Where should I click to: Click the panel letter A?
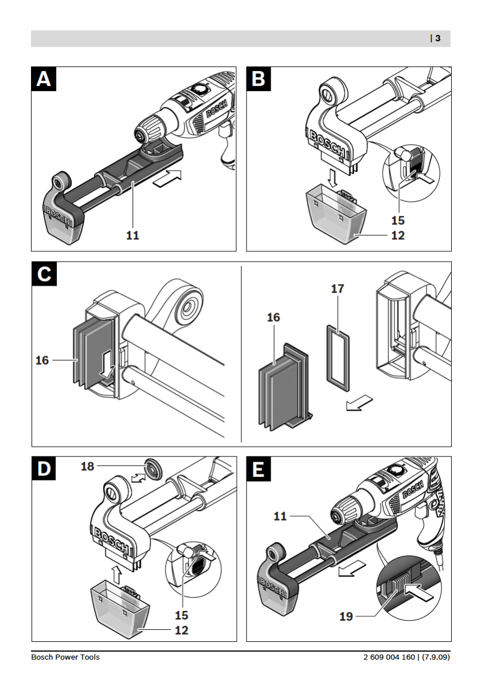(44, 79)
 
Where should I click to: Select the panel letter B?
(259, 79)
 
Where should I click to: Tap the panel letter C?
(44, 274)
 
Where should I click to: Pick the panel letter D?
(44, 469)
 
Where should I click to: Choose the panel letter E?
(259, 469)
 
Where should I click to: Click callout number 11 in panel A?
(133, 235)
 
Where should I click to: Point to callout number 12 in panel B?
(398, 235)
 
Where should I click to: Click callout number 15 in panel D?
(182, 616)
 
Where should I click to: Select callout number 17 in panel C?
(338, 289)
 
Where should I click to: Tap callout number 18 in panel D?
(87, 466)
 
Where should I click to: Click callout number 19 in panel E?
(346, 617)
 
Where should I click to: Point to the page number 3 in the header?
(437, 38)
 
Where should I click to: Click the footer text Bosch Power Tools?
(65, 657)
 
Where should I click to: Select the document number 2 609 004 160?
(389, 657)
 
